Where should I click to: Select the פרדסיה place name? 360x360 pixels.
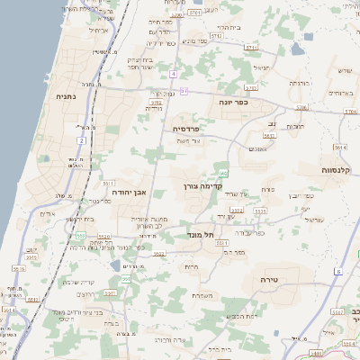[x=187, y=129]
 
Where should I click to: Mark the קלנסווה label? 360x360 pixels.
[x=340, y=168]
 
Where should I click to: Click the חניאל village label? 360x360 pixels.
[x=262, y=68]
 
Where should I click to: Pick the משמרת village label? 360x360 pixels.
[x=202, y=294]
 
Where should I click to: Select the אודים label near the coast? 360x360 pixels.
[x=48, y=214]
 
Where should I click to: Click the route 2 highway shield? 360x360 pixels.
[x=81, y=140]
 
